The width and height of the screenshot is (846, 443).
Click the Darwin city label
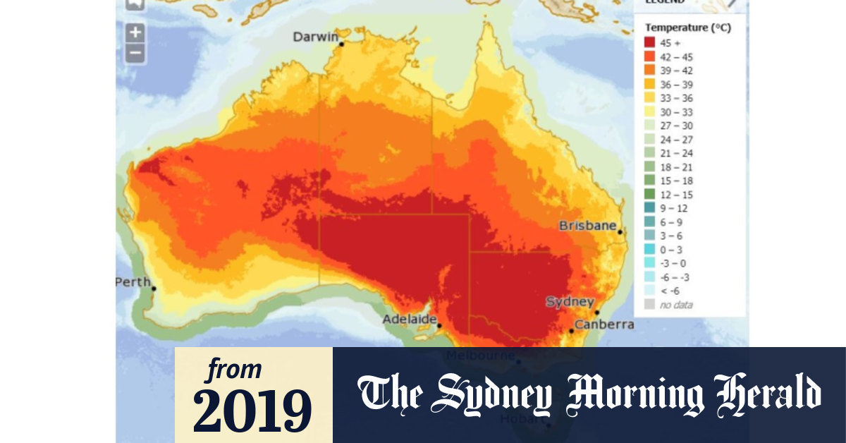click(x=315, y=37)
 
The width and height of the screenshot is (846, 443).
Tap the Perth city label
click(x=133, y=282)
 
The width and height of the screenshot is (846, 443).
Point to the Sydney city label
click(x=570, y=302)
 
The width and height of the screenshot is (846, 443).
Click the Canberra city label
click(x=603, y=324)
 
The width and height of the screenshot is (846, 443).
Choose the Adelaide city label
click(x=409, y=320)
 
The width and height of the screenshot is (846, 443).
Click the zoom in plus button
click(x=135, y=32)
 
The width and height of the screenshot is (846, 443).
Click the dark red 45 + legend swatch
click(x=649, y=42)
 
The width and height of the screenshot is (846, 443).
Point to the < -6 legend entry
click(x=670, y=291)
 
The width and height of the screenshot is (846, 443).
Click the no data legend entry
click(x=675, y=305)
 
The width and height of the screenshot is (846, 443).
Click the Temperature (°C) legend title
click(x=688, y=28)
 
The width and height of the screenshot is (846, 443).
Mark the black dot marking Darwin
click(x=342, y=44)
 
